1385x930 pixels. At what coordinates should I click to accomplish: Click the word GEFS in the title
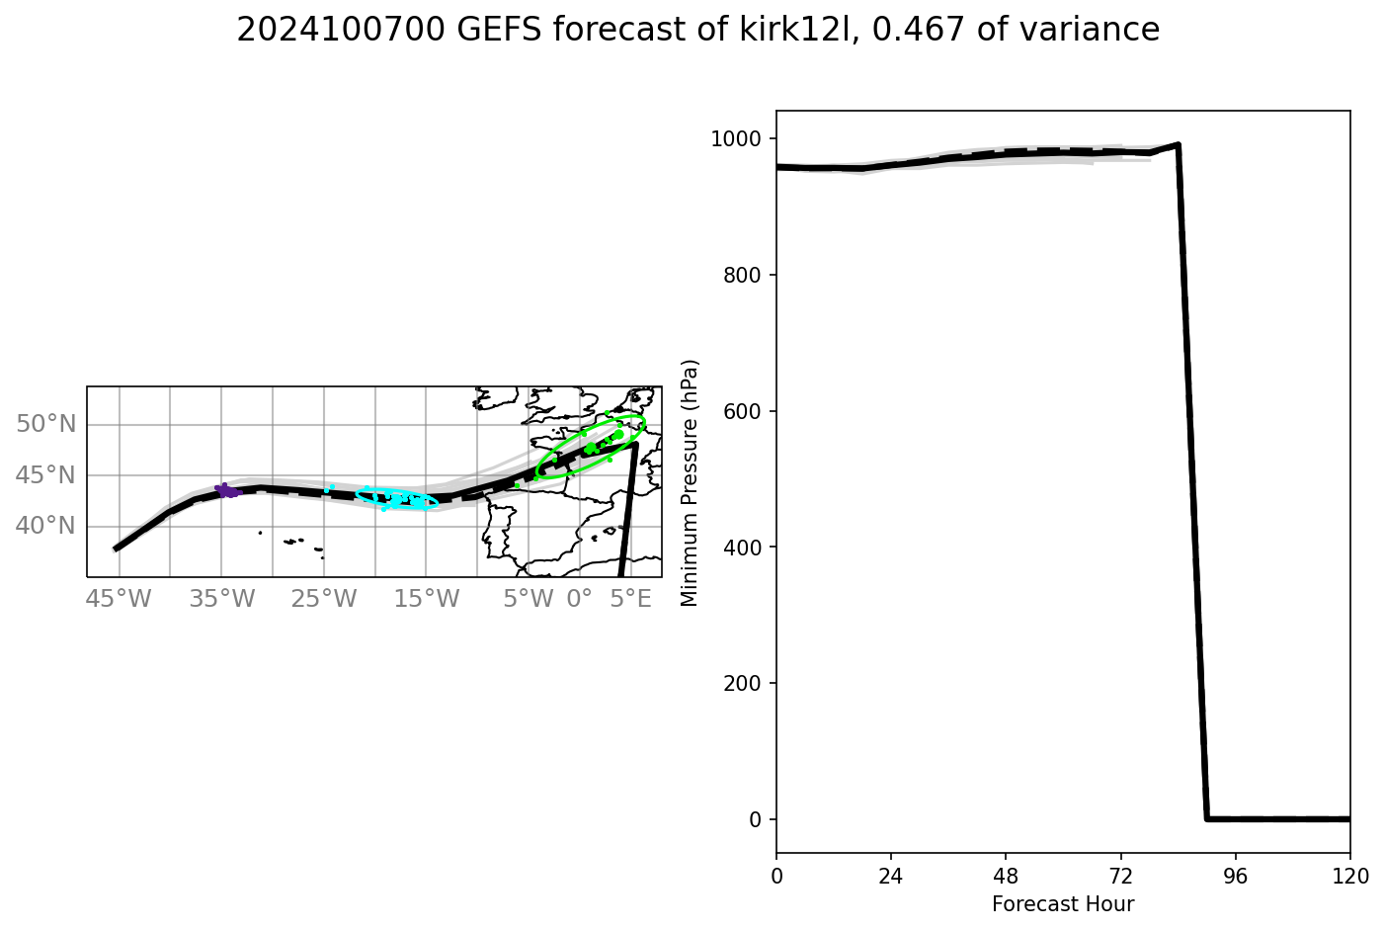coord(501,31)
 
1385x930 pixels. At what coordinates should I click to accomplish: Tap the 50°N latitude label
coord(45,424)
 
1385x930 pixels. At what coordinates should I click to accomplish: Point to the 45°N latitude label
coord(45,475)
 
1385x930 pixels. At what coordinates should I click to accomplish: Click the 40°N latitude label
coord(45,526)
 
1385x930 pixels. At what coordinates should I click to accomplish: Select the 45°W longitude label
coord(120,599)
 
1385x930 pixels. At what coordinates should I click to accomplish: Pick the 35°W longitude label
coord(222,599)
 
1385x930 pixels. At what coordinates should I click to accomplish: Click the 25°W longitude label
coord(325,599)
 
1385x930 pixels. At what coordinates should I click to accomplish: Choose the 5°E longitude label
coord(631,599)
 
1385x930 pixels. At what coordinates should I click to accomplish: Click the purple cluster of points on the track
coord(227,490)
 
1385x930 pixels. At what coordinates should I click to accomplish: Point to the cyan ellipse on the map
coord(396,498)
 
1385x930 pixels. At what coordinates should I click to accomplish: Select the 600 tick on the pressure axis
coord(746,411)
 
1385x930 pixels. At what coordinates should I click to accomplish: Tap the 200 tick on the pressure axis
coord(746,683)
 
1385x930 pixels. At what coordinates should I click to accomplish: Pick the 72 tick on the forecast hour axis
coord(1120,876)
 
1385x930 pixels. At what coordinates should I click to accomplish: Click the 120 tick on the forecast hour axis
coord(1349,876)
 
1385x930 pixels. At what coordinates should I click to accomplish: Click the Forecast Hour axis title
coord(1063,904)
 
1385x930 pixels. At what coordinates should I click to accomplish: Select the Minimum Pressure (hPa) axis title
coord(690,482)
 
